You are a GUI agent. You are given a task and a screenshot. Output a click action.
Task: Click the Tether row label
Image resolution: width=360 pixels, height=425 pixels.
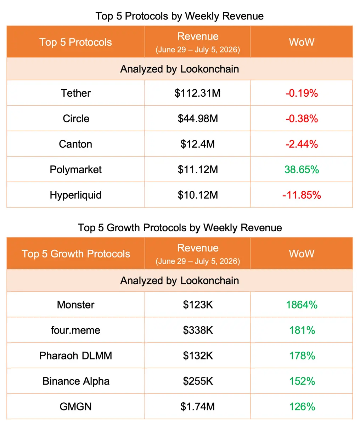click(76, 93)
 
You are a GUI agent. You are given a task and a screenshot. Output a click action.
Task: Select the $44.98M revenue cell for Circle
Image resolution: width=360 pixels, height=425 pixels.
click(198, 119)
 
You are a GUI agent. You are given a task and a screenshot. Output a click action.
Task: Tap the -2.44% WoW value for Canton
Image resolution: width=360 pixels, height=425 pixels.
click(302, 144)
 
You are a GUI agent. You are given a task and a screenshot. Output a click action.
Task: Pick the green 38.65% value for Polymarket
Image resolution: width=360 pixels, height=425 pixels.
click(302, 170)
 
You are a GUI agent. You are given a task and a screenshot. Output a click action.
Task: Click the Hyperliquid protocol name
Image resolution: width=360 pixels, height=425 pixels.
click(76, 195)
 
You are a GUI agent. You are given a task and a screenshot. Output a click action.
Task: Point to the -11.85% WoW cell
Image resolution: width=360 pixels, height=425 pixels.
click(302, 195)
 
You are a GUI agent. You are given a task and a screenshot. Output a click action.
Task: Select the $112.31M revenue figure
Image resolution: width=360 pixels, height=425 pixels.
click(197, 93)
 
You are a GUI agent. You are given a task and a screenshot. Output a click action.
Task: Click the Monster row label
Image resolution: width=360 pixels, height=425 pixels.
click(76, 305)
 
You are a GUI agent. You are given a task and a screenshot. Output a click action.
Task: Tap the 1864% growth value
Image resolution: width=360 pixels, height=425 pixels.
click(302, 305)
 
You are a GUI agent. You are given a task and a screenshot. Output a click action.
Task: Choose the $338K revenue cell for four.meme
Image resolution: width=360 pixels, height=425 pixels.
click(198, 330)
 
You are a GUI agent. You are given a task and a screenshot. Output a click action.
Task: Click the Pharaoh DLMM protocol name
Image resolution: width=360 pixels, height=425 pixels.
click(76, 356)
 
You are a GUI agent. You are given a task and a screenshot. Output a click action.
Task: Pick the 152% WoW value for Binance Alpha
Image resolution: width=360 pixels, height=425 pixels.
click(302, 381)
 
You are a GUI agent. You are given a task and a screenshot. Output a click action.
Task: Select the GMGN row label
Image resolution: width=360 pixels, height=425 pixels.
click(76, 407)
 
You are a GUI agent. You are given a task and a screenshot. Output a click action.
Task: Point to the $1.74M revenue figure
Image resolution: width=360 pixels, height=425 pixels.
click(197, 407)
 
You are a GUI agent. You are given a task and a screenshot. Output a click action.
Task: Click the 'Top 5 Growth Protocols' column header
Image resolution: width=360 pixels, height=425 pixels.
click(76, 254)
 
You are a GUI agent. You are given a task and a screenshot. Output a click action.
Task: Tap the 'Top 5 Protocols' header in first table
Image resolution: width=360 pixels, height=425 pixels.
click(75, 42)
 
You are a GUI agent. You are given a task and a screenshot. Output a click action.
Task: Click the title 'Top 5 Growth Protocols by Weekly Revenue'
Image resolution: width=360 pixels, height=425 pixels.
click(180, 228)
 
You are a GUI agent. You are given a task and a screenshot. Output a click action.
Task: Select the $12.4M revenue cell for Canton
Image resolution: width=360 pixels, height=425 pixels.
click(197, 144)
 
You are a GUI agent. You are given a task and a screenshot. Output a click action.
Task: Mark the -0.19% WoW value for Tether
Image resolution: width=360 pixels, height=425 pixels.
click(302, 93)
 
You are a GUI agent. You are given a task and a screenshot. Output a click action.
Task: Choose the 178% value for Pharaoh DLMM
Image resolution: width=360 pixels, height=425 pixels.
click(302, 356)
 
